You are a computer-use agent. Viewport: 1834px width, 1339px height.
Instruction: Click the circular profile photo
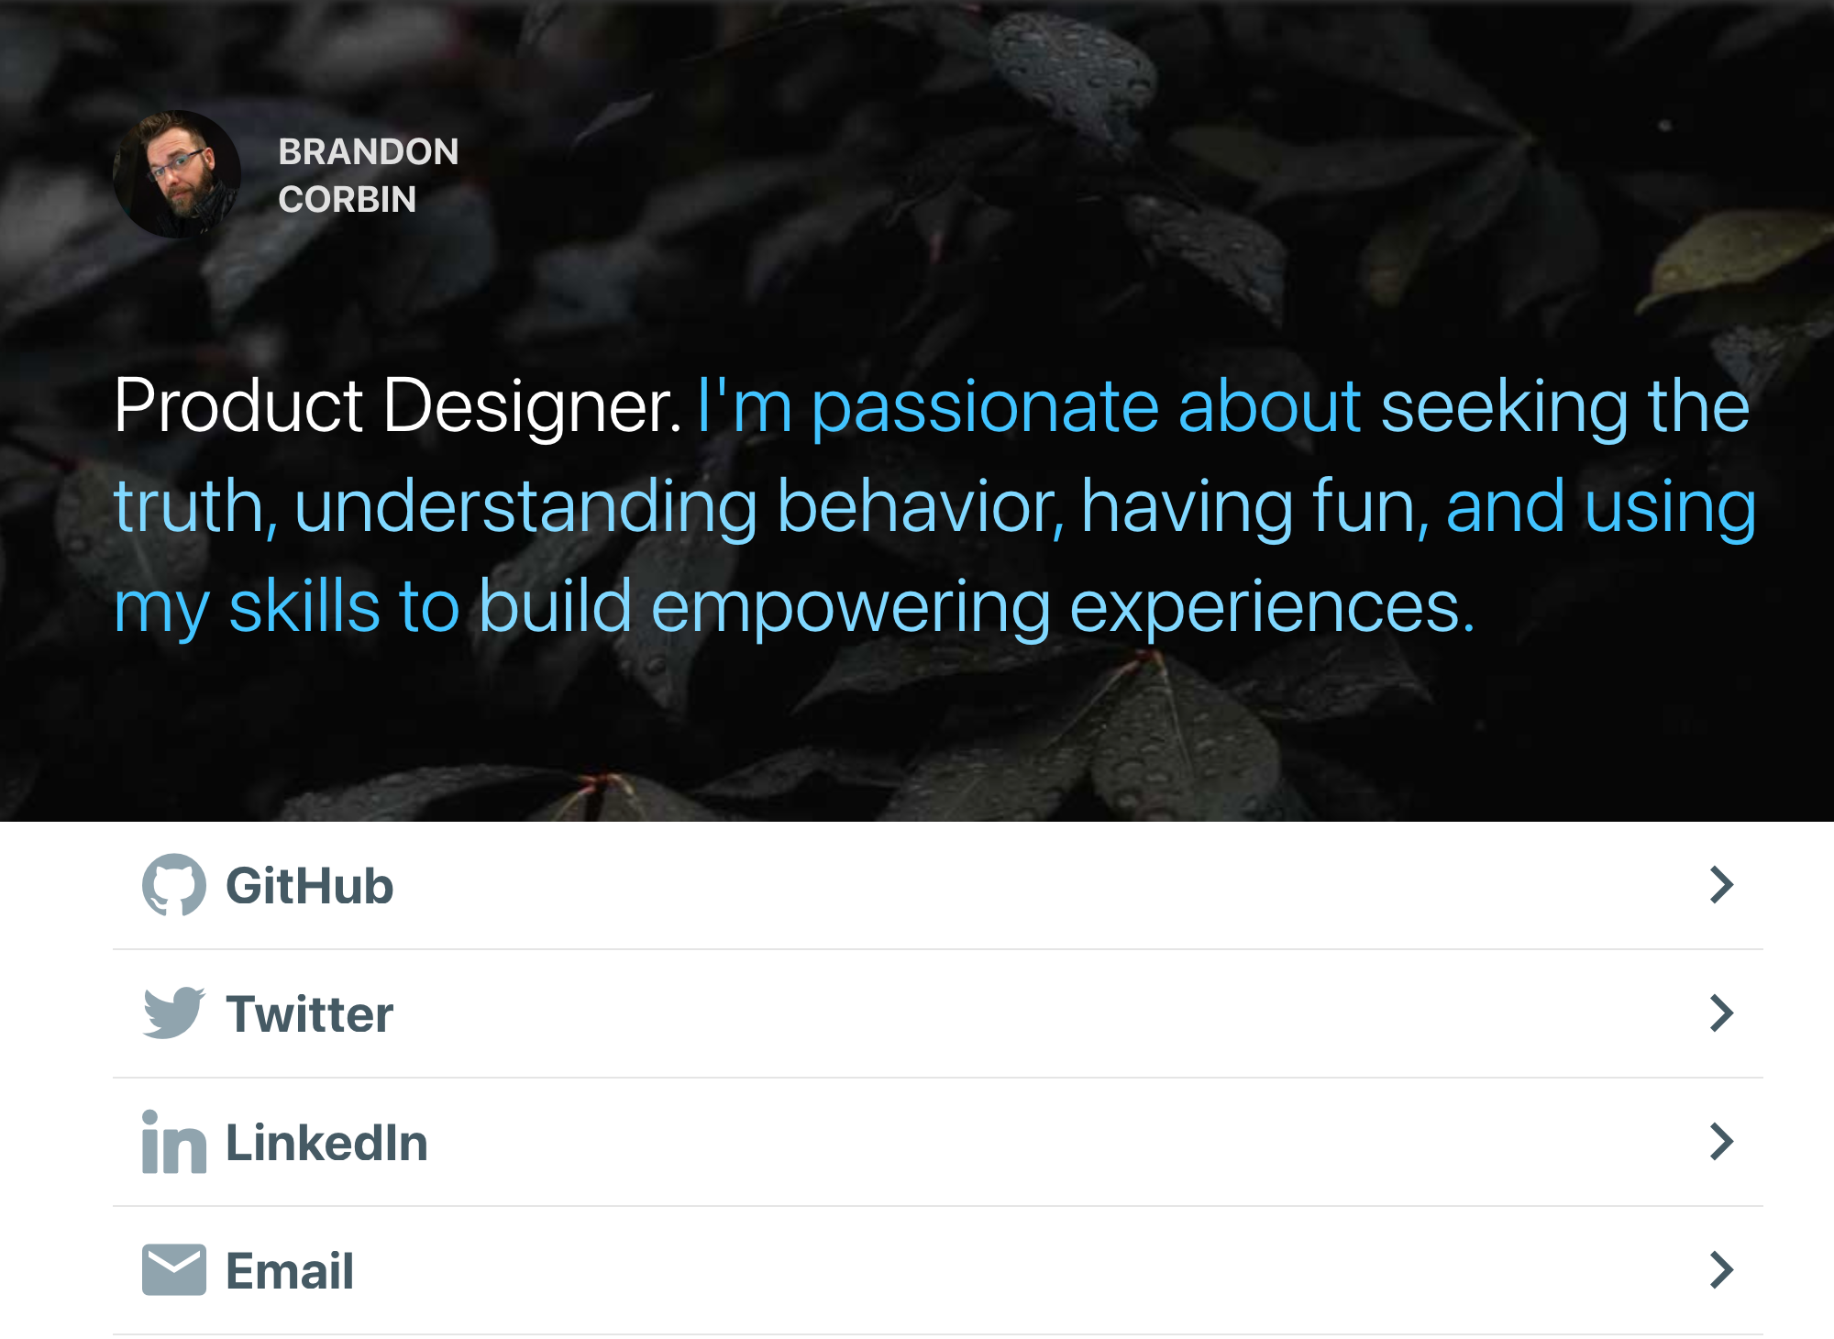pos(176,174)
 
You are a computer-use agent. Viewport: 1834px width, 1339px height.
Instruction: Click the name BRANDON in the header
pos(369,152)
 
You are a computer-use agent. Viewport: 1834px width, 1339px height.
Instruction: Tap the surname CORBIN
pos(348,200)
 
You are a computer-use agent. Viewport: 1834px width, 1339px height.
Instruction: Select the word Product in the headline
pos(238,405)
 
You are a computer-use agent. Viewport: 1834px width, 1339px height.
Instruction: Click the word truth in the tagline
pos(191,506)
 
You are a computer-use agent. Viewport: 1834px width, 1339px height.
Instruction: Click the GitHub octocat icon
pos(174,885)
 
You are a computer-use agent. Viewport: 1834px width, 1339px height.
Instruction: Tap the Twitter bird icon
pos(174,1013)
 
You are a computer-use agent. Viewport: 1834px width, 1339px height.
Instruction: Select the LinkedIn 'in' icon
pos(174,1142)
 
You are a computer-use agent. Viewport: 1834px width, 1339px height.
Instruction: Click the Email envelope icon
pos(174,1270)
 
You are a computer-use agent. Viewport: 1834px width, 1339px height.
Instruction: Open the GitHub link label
pos(310,887)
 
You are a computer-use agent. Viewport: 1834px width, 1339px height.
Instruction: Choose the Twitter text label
pos(310,1014)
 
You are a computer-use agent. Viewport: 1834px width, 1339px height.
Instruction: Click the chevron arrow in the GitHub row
pos(1722,885)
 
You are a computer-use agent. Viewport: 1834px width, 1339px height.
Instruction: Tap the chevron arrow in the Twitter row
pos(1722,1013)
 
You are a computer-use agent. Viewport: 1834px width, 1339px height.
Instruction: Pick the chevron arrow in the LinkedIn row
pos(1722,1142)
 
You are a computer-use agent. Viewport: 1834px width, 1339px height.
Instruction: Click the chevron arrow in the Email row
pos(1722,1270)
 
